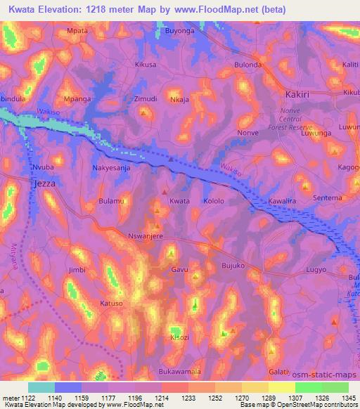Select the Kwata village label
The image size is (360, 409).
(179, 201)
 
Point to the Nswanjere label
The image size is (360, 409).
(146, 237)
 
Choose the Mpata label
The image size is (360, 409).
(75, 32)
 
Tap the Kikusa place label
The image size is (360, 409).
(146, 64)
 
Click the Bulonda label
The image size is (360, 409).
(247, 65)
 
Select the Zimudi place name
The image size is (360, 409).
(146, 99)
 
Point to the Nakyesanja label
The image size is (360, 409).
(112, 169)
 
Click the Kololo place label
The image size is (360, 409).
(213, 201)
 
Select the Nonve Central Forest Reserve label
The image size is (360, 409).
(300, 119)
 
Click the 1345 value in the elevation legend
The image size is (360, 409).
(348, 398)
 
